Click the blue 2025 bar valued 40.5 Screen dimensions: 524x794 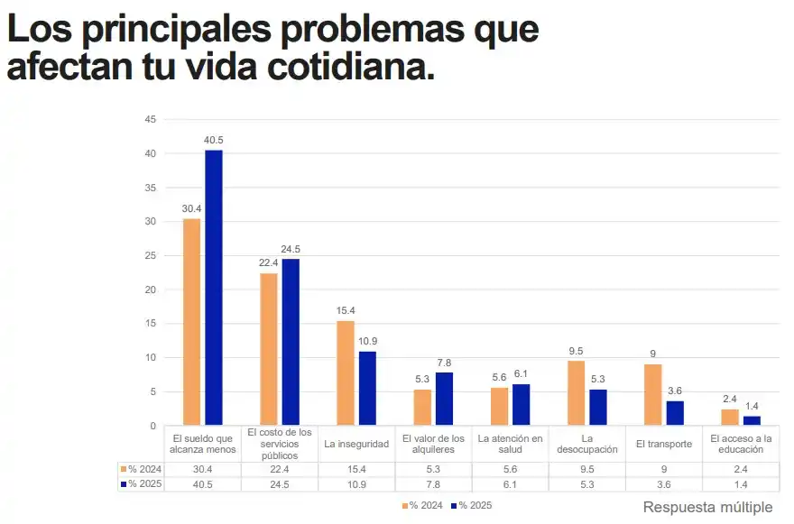click(x=213, y=287)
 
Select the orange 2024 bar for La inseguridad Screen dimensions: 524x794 click(x=345, y=372)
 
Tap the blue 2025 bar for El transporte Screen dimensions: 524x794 click(x=675, y=412)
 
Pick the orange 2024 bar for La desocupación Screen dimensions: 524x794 click(x=576, y=392)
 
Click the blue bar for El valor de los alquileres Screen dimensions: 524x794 click(x=444, y=398)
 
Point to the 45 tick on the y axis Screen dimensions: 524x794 click(x=151, y=119)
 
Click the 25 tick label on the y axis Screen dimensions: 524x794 click(x=151, y=255)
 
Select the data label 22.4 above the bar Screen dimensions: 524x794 click(x=268, y=262)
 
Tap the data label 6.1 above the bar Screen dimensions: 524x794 click(x=522, y=373)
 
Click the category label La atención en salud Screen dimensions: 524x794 click(x=511, y=444)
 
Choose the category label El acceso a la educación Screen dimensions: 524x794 click(x=741, y=444)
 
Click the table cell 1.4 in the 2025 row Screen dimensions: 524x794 click(x=741, y=484)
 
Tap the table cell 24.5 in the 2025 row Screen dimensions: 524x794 click(x=280, y=484)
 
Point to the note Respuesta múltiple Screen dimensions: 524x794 click(x=707, y=507)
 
